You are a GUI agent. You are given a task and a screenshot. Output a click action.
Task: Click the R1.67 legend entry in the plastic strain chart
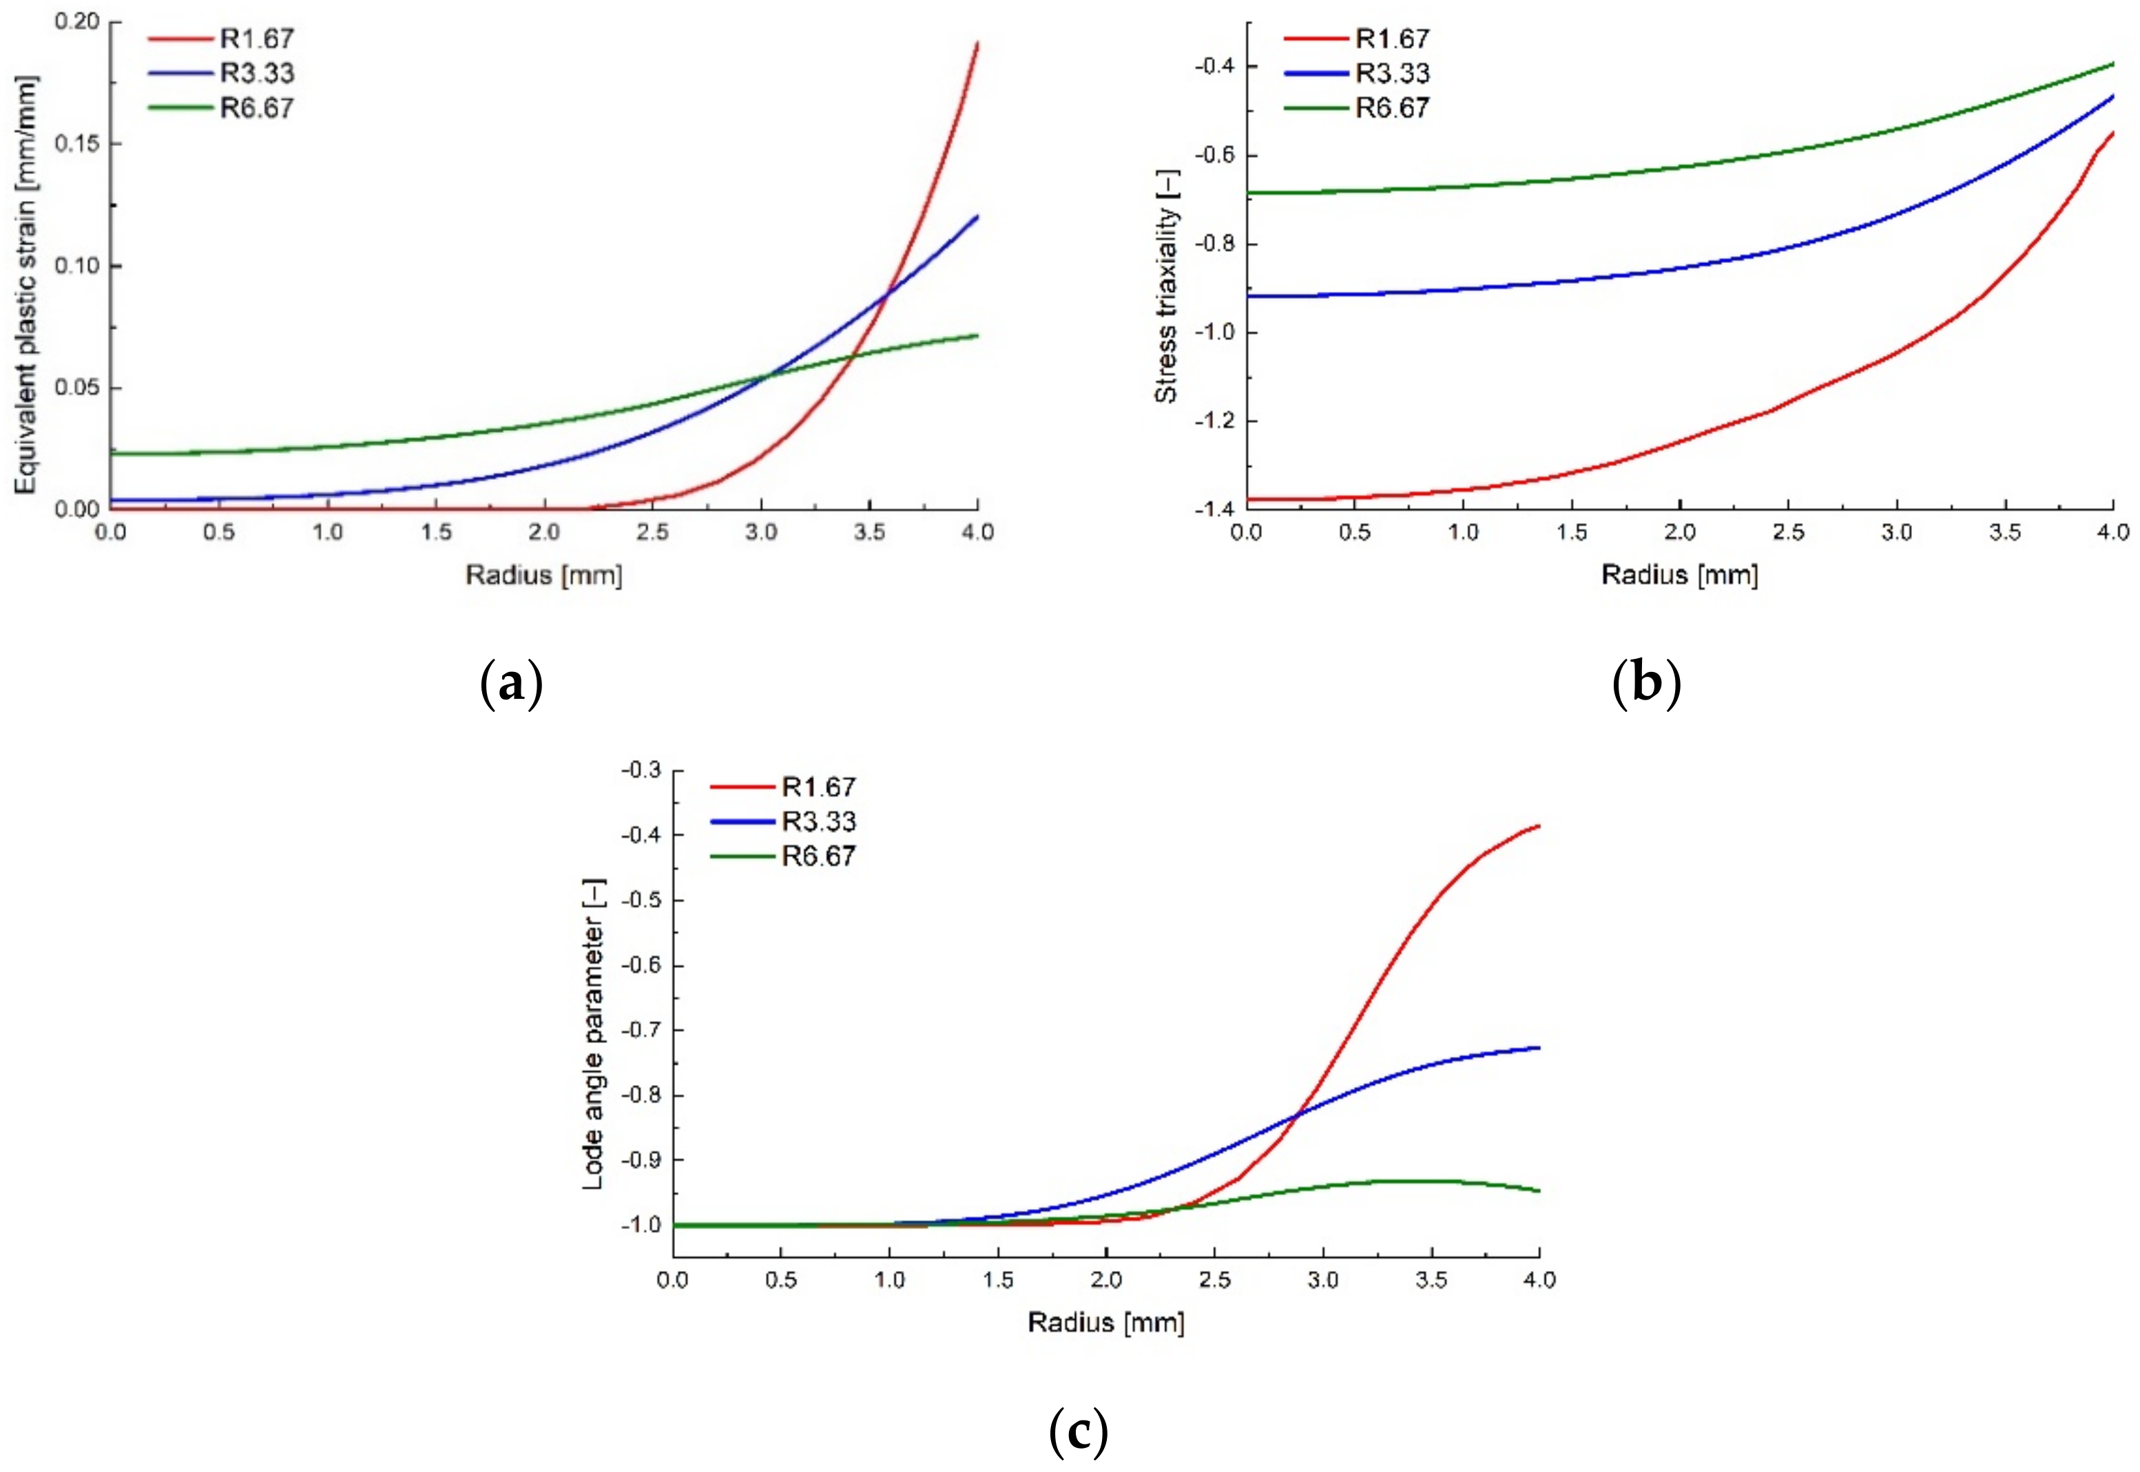click(x=256, y=39)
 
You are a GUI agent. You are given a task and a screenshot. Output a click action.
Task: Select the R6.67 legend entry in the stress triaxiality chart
click(x=1391, y=108)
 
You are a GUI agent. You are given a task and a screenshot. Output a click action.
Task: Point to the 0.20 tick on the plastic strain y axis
click(x=76, y=21)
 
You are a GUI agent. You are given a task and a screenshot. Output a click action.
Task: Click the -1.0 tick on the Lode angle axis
click(x=641, y=1225)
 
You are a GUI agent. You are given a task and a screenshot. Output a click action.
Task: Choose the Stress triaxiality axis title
click(x=1167, y=286)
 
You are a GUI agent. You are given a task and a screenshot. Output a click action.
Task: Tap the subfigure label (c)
click(x=1079, y=1431)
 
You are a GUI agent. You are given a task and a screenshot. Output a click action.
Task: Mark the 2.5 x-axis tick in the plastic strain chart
click(x=652, y=532)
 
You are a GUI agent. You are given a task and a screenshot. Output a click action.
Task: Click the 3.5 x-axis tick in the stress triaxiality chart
click(x=2004, y=532)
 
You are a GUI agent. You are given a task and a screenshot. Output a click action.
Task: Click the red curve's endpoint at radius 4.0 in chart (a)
click(x=977, y=43)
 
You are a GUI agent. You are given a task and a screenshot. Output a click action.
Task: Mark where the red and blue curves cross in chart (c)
click(x=1299, y=1115)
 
